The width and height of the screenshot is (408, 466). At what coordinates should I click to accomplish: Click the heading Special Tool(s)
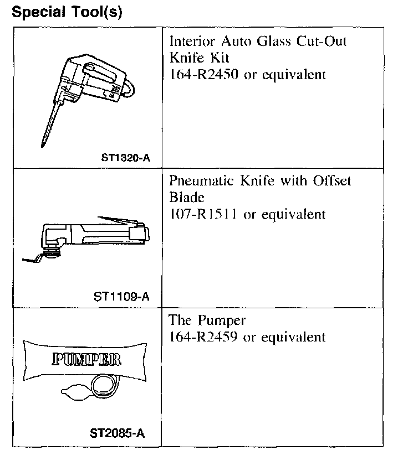coord(67,12)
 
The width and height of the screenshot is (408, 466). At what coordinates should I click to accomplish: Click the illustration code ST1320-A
coord(125,157)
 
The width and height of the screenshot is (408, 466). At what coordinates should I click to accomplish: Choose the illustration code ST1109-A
coord(121,296)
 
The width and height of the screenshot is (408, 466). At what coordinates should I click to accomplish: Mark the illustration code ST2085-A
coord(117,433)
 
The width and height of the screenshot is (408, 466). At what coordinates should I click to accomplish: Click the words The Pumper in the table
coord(207,320)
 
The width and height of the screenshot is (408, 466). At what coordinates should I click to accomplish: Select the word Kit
coord(218,58)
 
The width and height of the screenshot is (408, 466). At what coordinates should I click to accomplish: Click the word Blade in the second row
coord(186,198)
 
